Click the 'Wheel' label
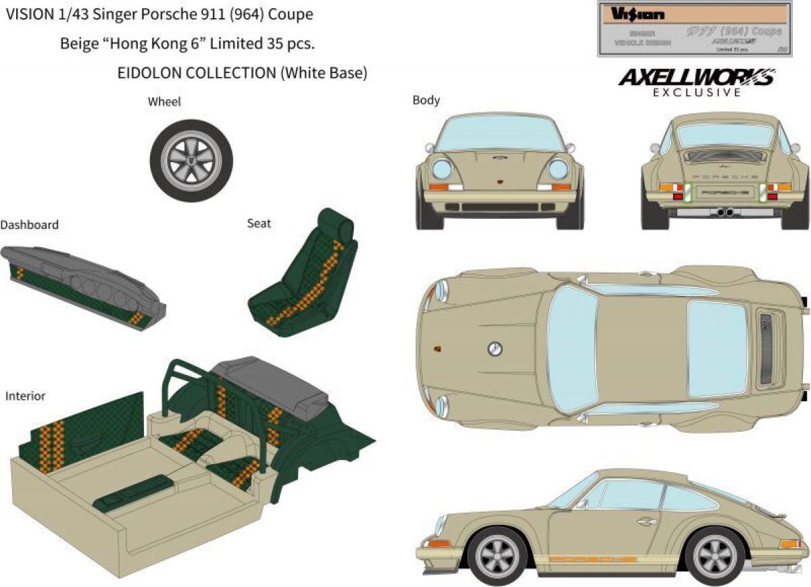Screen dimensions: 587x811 [x=164, y=101]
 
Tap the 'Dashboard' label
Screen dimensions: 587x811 [x=29, y=224]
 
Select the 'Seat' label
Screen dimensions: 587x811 [x=259, y=223]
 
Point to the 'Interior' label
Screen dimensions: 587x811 [x=25, y=396]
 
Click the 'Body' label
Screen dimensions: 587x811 [x=426, y=100]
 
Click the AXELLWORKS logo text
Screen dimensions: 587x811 [x=696, y=78]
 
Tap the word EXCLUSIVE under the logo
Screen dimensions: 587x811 [x=697, y=93]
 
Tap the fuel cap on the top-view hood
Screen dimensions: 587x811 [x=495, y=349]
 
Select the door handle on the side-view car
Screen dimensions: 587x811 [x=646, y=521]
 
